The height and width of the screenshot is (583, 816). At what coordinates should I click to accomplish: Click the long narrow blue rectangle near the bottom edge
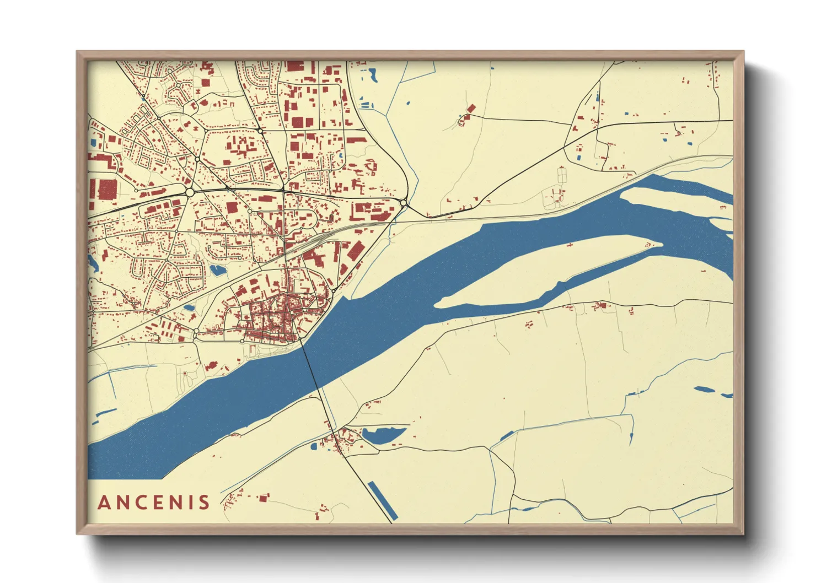(382, 501)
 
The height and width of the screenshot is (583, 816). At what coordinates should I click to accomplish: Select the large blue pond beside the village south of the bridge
(384, 434)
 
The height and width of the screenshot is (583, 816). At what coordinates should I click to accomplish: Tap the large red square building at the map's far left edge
(107, 189)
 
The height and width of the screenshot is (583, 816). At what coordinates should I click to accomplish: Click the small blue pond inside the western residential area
(217, 270)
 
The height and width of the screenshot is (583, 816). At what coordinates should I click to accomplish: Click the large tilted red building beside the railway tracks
(356, 252)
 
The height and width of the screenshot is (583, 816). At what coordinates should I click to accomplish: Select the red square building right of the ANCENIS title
(264, 498)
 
